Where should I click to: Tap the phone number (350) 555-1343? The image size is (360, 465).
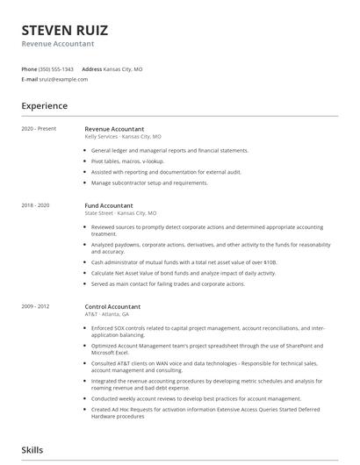click(x=57, y=68)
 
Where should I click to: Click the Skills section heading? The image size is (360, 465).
click(x=32, y=450)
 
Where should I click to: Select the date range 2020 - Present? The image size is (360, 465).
click(x=39, y=129)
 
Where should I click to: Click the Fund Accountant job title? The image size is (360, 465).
click(x=109, y=205)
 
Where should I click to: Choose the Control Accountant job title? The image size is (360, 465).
click(x=112, y=307)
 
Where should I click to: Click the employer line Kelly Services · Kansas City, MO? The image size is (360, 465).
click(x=123, y=137)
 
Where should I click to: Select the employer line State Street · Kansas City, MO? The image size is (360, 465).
click(x=120, y=213)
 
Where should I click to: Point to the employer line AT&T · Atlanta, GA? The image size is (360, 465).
click(x=107, y=314)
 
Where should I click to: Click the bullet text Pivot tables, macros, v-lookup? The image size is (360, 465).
click(x=127, y=161)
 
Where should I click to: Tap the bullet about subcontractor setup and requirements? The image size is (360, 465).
click(x=149, y=182)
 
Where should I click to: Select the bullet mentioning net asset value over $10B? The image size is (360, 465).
click(x=184, y=262)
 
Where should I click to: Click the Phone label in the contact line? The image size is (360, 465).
click(x=30, y=68)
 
